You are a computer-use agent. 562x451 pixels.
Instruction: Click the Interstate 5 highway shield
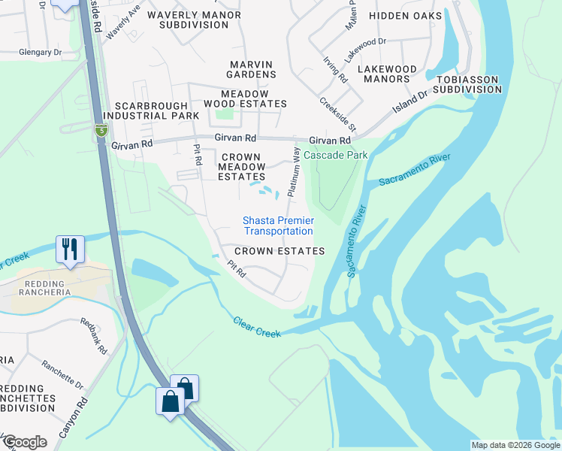[x=100, y=131]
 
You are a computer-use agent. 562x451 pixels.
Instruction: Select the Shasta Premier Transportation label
[x=278, y=225]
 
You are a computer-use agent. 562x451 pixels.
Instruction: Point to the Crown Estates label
[x=279, y=251]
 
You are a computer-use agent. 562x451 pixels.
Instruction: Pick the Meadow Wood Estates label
[x=245, y=98]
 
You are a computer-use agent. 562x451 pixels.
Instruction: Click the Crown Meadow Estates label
[x=241, y=166]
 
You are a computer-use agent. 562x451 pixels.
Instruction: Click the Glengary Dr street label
[x=41, y=53]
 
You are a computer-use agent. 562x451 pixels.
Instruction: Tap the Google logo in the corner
[x=25, y=442]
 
